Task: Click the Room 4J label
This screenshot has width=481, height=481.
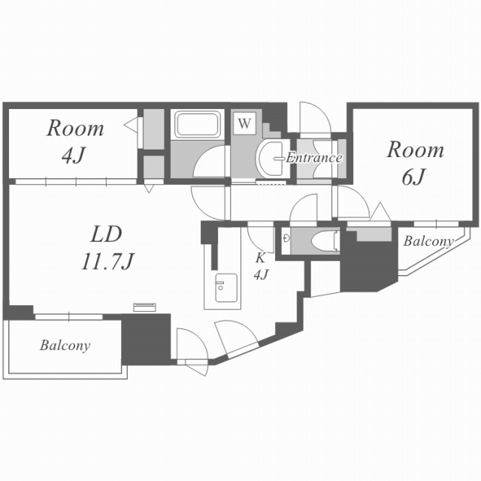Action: point(75,141)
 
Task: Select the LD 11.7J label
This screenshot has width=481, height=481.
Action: point(107,247)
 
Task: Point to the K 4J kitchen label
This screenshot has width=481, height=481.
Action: point(261,265)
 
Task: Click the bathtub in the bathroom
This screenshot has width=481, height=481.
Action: point(197,124)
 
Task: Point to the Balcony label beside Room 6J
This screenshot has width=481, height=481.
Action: point(428,241)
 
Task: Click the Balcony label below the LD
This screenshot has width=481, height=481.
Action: point(65,346)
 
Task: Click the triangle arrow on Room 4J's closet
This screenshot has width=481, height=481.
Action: point(132,123)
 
